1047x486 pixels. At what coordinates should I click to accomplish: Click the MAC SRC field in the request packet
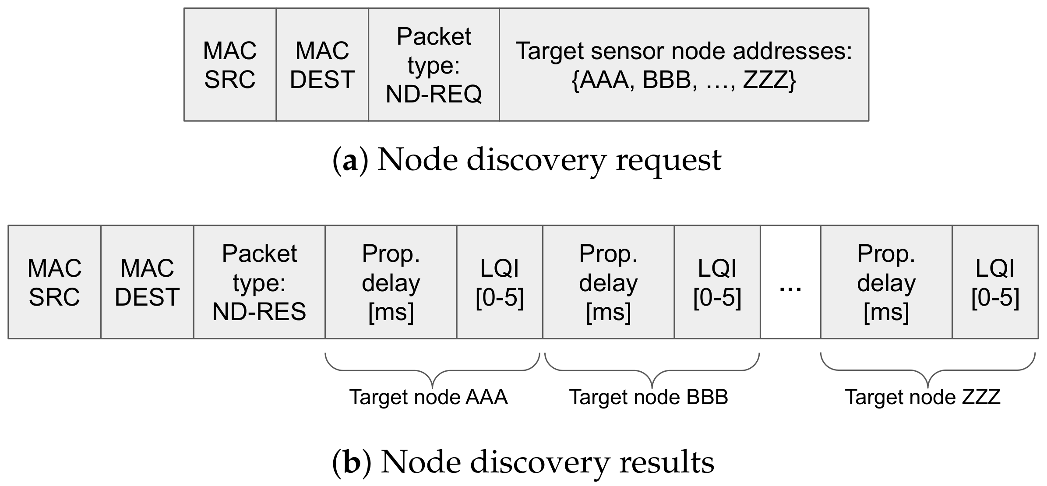[x=230, y=64]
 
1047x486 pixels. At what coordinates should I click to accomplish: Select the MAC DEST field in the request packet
[x=322, y=64]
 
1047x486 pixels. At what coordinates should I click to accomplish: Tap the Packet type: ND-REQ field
[x=434, y=64]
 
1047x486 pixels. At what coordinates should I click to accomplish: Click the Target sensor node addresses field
[x=684, y=64]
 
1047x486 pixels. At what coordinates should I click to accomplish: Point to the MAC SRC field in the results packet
[x=54, y=282]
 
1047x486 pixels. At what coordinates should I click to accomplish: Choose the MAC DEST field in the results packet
[x=147, y=282]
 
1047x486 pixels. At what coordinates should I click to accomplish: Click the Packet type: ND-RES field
[x=259, y=282]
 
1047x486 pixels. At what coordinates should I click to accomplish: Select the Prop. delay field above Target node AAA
[x=391, y=282]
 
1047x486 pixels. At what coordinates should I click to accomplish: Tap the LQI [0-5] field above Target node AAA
[x=500, y=282]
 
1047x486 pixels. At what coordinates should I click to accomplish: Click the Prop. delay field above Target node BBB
[x=608, y=282]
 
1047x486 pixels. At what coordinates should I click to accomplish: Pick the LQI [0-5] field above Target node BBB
[x=717, y=282]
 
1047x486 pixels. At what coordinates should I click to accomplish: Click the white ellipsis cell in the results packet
[x=790, y=282]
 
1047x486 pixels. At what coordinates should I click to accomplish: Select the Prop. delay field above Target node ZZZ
[x=886, y=282]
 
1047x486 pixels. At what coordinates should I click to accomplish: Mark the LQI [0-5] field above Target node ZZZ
[x=995, y=282]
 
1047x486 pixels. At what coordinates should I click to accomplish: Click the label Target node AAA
[x=428, y=397]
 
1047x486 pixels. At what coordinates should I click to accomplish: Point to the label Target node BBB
[x=649, y=397]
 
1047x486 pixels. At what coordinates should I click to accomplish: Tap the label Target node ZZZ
[x=923, y=397]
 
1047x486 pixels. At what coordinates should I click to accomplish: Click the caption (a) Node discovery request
[x=527, y=160]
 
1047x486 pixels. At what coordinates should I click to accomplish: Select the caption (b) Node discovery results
[x=523, y=462]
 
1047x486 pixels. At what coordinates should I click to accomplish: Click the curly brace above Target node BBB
[x=652, y=370]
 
